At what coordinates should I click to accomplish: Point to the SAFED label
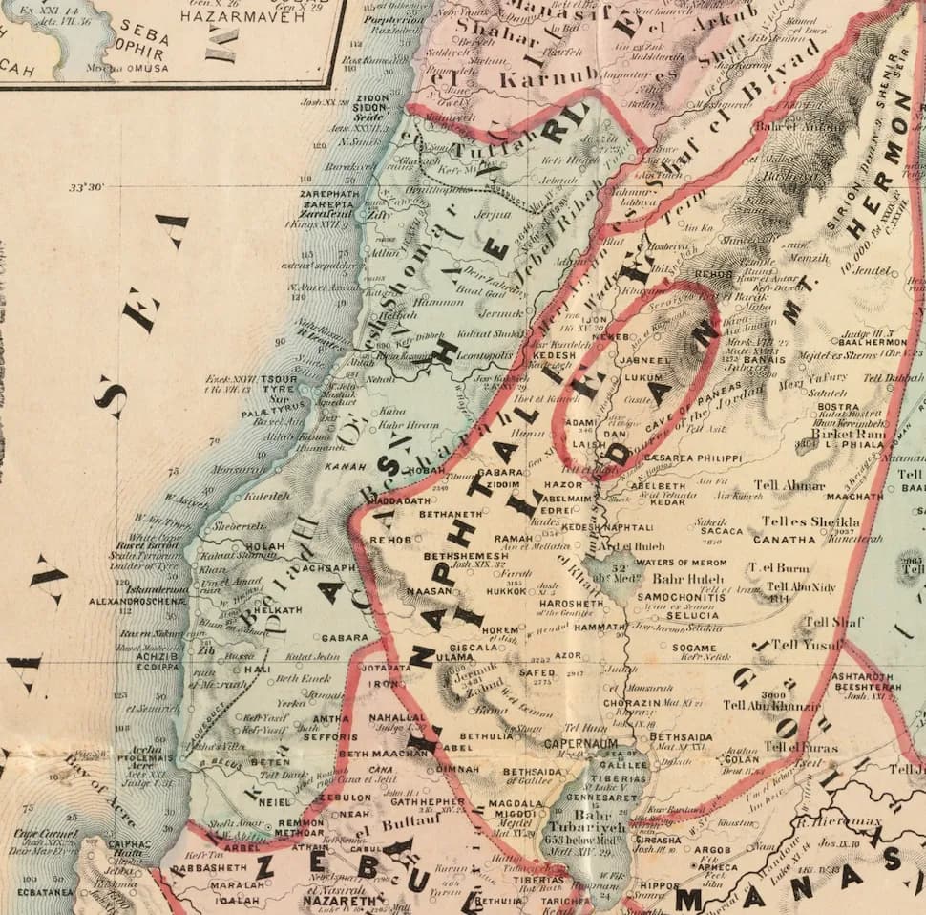[x=537, y=672]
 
